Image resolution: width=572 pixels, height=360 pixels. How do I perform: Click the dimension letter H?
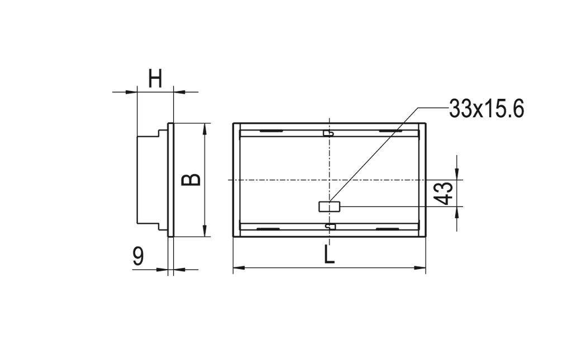(155, 78)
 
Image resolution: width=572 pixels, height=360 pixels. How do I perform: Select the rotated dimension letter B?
(192, 179)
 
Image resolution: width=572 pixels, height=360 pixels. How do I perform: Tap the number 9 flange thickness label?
(139, 256)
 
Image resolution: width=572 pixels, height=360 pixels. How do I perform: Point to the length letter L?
(330, 255)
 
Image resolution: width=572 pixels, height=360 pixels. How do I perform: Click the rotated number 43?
(445, 193)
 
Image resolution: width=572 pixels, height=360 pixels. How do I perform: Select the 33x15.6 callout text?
(486, 109)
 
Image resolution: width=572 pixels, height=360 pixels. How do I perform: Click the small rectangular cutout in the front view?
(329, 207)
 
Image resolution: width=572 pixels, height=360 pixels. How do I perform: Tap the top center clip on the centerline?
(330, 133)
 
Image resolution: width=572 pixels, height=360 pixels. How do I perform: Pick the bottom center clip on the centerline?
(330, 226)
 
